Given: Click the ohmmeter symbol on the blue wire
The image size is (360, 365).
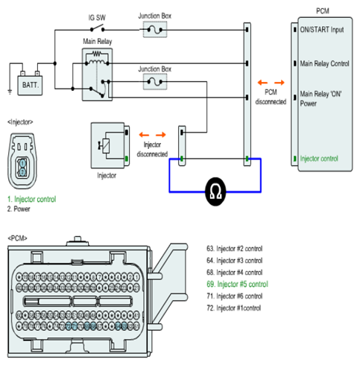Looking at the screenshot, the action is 215,191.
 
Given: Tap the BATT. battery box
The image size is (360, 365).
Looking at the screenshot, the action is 30,86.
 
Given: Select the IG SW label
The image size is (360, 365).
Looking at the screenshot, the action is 97,18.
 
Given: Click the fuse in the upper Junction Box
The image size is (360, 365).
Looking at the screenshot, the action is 155,30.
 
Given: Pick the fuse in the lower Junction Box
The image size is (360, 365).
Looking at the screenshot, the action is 155,82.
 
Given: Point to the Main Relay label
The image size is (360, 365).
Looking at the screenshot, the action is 98,41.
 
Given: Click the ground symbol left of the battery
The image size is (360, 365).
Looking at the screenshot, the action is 10,92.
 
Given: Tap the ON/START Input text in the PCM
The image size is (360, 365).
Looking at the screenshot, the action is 322,30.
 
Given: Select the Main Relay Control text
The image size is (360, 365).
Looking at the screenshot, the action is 324,63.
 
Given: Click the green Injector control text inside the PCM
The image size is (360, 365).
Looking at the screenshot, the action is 319,159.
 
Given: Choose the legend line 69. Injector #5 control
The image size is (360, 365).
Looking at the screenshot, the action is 237,284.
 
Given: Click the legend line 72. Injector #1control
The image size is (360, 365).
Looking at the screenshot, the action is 233,308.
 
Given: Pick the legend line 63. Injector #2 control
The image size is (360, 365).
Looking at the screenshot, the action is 234,249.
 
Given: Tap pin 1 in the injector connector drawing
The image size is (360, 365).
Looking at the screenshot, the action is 22,163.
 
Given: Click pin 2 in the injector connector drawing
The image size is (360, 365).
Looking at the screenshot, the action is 22,172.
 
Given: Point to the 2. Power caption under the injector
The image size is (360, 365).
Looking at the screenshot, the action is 19,209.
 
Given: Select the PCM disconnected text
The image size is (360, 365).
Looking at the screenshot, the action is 271,97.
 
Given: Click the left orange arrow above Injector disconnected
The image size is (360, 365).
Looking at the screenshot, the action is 144,135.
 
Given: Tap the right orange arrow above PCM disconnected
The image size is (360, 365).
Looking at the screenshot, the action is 280,83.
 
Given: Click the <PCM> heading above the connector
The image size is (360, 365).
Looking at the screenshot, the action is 17,238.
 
